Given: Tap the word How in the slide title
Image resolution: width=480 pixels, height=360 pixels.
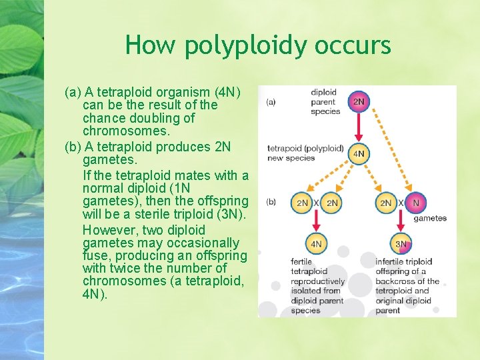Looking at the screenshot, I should tap(151, 45).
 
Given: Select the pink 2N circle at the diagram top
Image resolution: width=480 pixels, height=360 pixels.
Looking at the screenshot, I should tap(359, 102).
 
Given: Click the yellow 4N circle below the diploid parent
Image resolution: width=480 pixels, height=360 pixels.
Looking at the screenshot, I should tap(359, 153).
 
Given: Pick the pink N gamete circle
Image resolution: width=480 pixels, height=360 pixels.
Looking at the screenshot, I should tap(417, 202).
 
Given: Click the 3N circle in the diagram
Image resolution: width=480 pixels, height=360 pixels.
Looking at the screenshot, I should tap(401, 244).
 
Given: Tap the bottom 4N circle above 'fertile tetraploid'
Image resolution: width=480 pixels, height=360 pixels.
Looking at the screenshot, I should tap(317, 244).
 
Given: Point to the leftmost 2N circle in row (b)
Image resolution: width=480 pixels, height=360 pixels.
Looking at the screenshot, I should tap(302, 202).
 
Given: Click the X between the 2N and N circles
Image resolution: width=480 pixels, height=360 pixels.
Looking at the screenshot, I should tap(401, 202).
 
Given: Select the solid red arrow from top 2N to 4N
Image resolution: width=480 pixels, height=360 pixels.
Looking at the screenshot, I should tap(359, 127).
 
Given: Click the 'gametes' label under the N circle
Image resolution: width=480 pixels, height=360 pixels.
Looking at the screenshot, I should tap(430, 219).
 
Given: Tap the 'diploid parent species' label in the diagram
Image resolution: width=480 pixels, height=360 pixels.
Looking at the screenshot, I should tap(325, 102).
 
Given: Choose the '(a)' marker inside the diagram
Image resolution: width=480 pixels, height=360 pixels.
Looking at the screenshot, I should tap(271, 102).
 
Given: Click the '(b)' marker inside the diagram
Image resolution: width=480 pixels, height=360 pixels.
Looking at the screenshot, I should tap(271, 201).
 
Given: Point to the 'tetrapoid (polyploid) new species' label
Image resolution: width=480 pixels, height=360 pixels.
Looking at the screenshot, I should tap(305, 153).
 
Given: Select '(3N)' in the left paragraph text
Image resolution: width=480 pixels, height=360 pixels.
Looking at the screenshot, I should tap(231, 214).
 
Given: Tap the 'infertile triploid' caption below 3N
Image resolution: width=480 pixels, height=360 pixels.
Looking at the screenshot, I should tap(403, 262).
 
